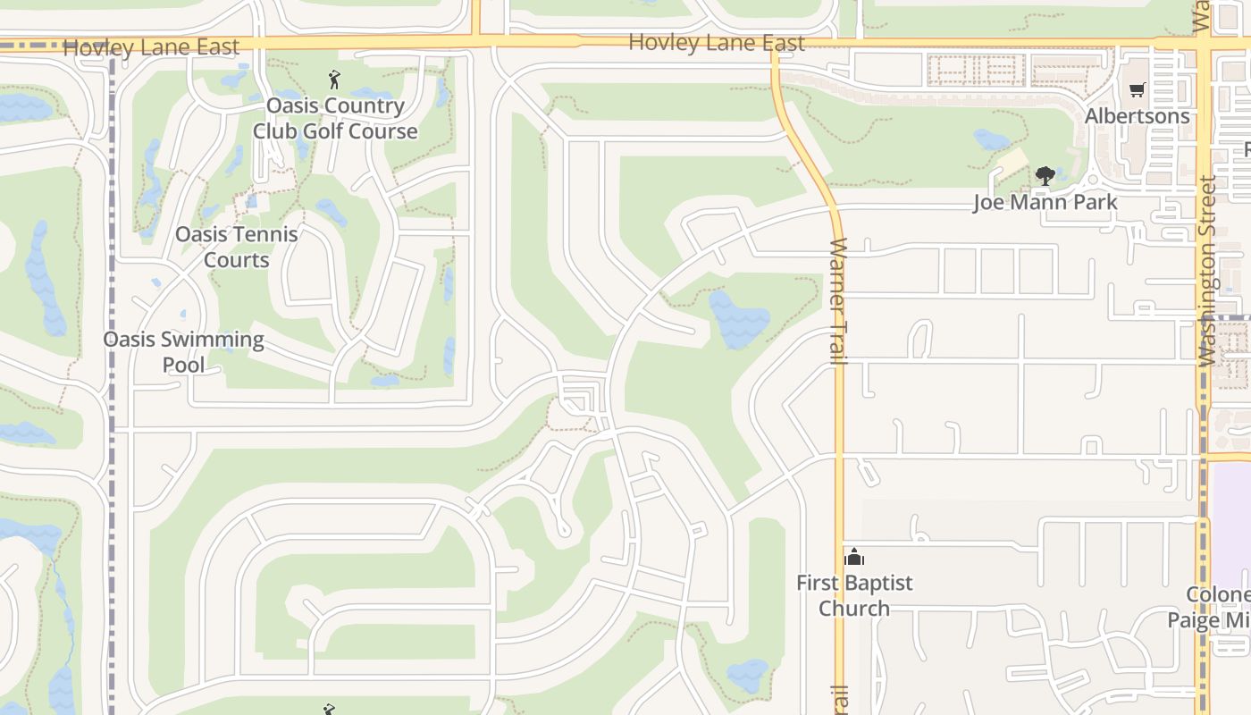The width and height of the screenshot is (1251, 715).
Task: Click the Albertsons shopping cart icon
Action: click(1137, 89)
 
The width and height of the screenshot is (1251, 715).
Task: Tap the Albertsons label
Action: click(1137, 116)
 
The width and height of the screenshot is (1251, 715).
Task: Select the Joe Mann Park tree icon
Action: click(1045, 175)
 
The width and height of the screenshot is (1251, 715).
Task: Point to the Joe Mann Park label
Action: click(1045, 202)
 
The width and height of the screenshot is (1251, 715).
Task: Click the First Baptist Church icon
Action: click(854, 558)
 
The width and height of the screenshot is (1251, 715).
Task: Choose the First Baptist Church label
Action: click(854, 595)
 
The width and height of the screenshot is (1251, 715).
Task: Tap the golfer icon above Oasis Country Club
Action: click(334, 80)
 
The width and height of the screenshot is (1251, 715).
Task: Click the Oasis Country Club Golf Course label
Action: click(334, 118)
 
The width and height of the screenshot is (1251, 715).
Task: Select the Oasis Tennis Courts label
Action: click(236, 247)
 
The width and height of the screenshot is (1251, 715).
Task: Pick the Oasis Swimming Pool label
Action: click(183, 351)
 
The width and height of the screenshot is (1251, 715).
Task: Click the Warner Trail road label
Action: click(838, 300)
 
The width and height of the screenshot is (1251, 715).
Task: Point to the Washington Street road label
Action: click(1207, 272)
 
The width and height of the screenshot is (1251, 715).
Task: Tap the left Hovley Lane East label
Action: click(151, 47)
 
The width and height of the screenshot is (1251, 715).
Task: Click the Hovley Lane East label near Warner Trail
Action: click(717, 42)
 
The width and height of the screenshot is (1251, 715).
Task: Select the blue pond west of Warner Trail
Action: click(738, 320)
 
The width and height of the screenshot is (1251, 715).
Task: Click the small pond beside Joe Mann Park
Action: click(992, 139)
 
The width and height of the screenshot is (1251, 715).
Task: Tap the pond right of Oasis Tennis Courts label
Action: click(332, 213)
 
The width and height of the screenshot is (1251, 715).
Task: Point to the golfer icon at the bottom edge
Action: click(328, 710)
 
